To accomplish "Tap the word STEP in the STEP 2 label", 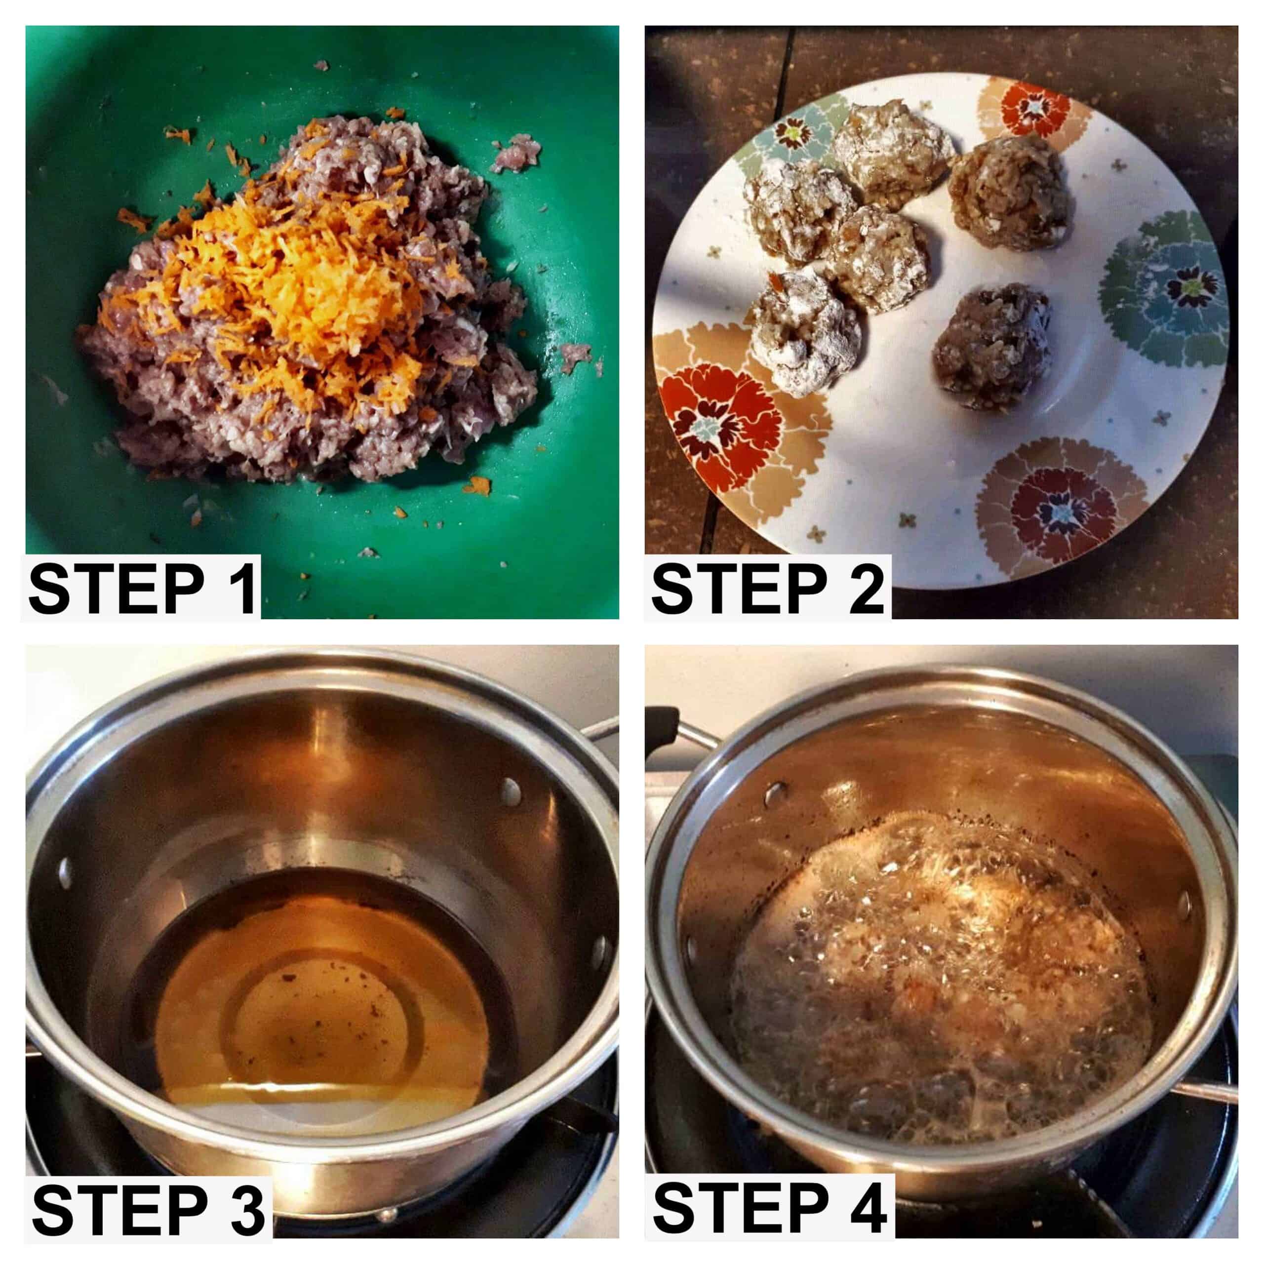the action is pos(739,590).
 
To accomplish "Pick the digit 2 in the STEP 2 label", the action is pos(862,590).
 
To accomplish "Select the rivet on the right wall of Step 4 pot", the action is pos(1184,905).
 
